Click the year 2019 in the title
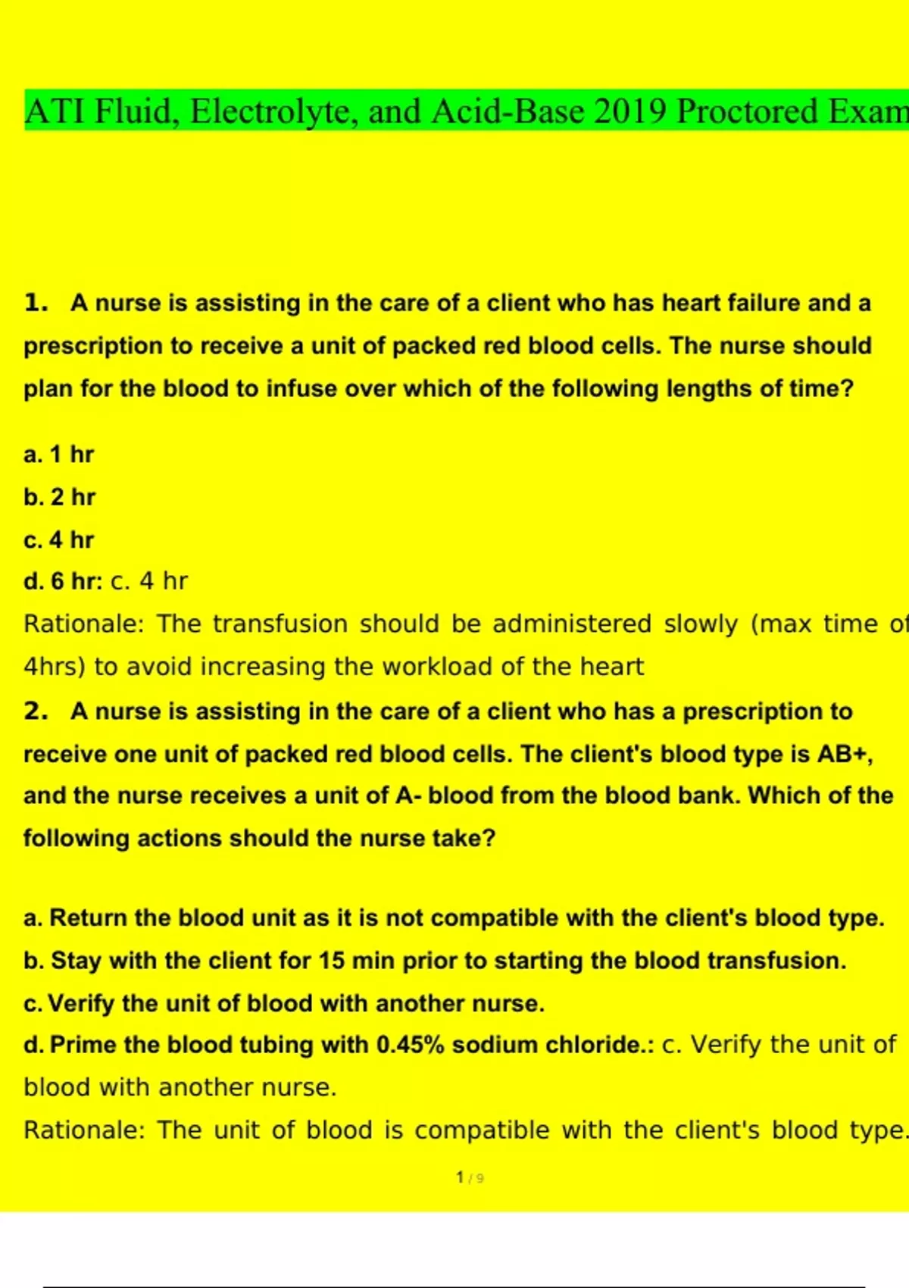tap(630, 111)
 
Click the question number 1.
tap(35, 303)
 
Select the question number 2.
tap(35, 711)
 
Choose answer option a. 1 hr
tap(58, 455)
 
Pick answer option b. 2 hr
tap(59, 497)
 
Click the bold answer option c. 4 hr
tap(58, 540)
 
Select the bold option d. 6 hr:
tap(62, 581)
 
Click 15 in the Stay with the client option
tap(331, 961)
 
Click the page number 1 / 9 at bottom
tap(470, 1178)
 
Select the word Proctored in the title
tap(745, 111)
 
